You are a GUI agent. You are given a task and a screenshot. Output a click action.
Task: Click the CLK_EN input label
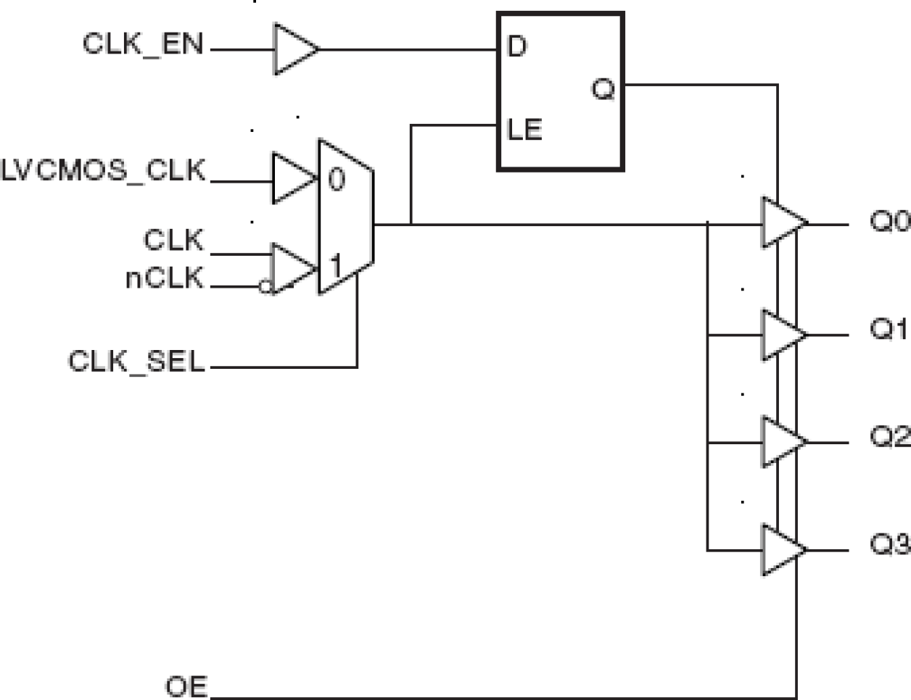[x=143, y=43]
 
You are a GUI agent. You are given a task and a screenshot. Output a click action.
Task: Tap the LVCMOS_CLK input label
[x=104, y=172]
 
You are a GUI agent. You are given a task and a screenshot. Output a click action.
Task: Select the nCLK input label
[x=165, y=278]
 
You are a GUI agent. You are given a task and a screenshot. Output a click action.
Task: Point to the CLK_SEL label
[x=136, y=361]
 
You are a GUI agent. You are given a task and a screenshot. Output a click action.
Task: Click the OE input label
[x=186, y=686]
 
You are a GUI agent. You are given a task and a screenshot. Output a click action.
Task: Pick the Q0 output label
[x=889, y=222]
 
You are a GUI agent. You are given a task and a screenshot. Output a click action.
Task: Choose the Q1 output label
[x=889, y=330]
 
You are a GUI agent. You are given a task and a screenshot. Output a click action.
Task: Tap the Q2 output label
[x=889, y=437]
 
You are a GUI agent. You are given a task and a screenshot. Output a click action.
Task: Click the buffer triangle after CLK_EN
[x=293, y=49]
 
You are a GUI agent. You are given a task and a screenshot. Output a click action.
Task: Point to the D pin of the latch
[x=516, y=47]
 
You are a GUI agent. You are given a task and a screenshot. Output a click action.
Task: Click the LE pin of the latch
[x=524, y=130]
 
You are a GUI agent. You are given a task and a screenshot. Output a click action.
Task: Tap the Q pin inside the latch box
[x=603, y=90]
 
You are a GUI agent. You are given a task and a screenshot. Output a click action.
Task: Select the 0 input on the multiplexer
[x=336, y=179]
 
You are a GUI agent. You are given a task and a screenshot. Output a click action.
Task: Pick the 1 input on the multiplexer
[x=335, y=267]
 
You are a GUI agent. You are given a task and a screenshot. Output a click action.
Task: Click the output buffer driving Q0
[x=780, y=222]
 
